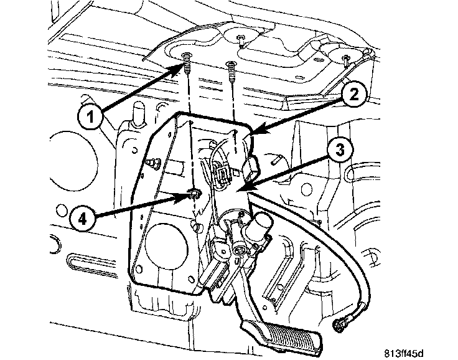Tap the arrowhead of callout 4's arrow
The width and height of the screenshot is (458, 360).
(x=189, y=197)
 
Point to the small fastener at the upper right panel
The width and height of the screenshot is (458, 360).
(x=346, y=59)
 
